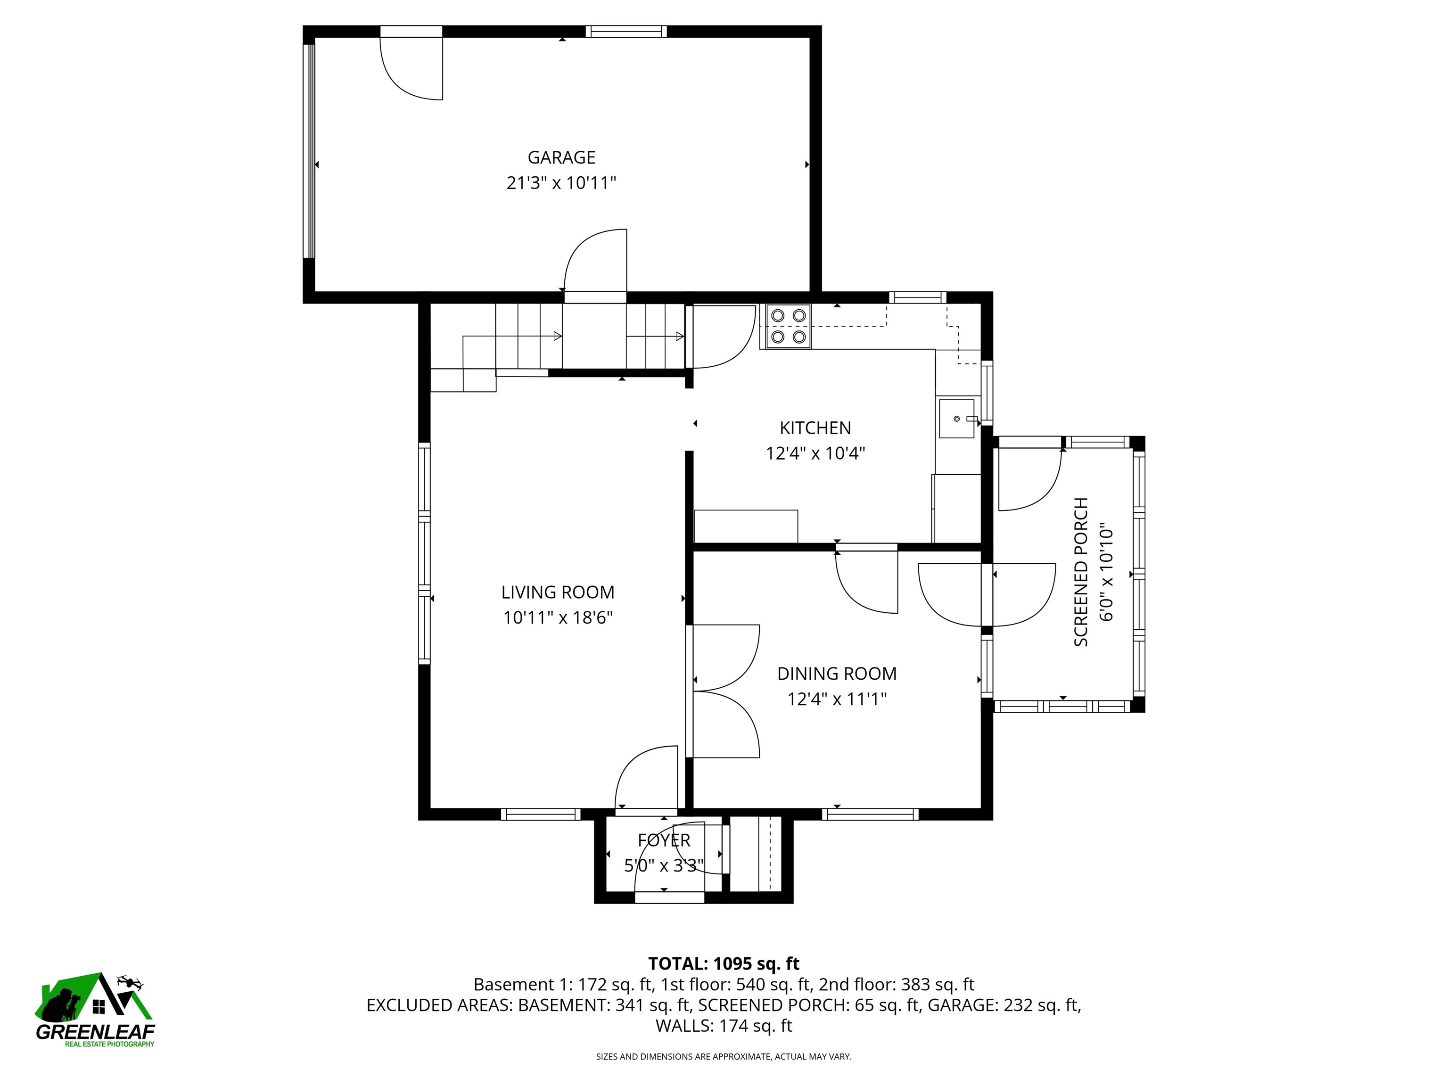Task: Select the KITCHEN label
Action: tap(815, 428)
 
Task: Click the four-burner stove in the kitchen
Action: tap(788, 326)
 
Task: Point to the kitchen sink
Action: tap(956, 418)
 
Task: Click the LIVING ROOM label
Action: tap(558, 592)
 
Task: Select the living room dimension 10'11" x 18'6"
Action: tap(558, 618)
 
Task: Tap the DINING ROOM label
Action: tap(837, 674)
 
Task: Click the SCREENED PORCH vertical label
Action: tap(1081, 571)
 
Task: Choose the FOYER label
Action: tap(664, 840)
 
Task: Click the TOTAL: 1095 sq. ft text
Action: tap(724, 963)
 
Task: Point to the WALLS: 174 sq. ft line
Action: tap(724, 1026)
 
